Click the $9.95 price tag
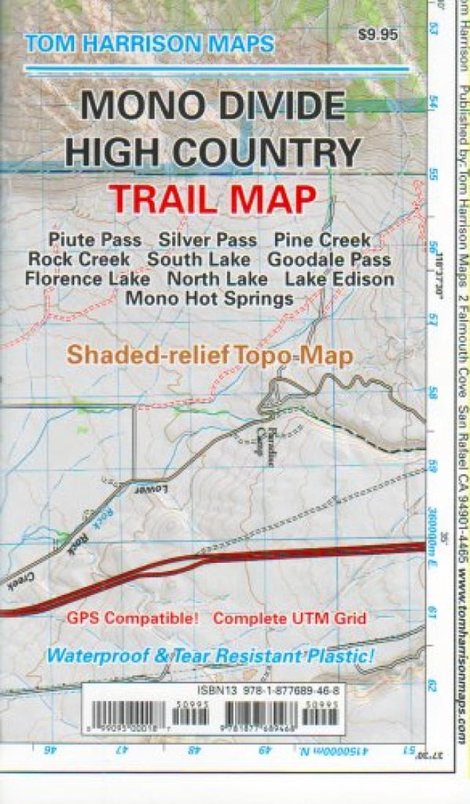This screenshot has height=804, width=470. pos(377,34)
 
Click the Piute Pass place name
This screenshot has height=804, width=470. pos(95,239)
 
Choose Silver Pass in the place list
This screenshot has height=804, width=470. pos(208,239)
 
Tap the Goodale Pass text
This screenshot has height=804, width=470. pos(329,258)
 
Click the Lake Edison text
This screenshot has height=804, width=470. pos(340,278)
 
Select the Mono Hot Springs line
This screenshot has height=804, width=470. pos(209,298)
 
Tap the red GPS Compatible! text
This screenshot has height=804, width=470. pos(134,618)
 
